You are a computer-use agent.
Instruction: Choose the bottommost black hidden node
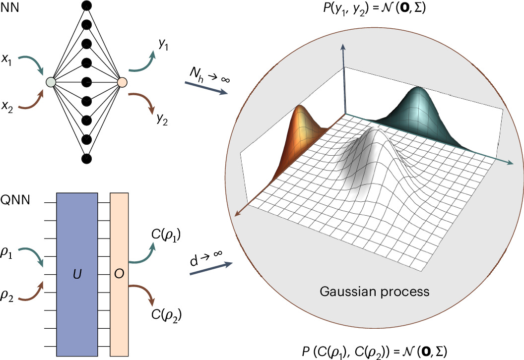(86, 158)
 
